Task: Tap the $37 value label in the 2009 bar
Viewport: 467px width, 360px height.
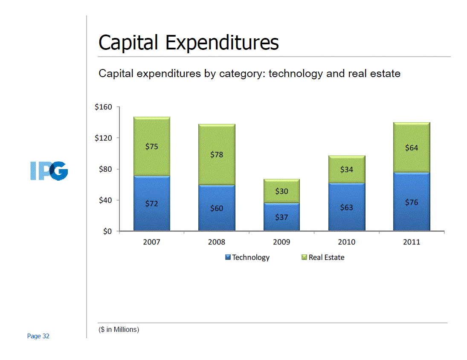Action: pyautogui.click(x=281, y=217)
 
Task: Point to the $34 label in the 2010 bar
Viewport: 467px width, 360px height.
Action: pyautogui.click(x=346, y=170)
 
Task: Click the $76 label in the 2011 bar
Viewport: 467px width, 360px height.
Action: pyautogui.click(x=412, y=202)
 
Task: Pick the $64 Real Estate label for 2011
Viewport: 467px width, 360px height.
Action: pyautogui.click(x=412, y=148)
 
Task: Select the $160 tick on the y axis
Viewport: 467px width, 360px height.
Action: pyautogui.click(x=103, y=107)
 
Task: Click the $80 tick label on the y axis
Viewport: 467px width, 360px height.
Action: pyautogui.click(x=105, y=169)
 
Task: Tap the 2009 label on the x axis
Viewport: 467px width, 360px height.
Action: pyautogui.click(x=281, y=242)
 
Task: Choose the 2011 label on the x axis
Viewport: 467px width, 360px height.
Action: pyautogui.click(x=412, y=242)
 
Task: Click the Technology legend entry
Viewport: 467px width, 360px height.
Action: pyautogui.click(x=250, y=257)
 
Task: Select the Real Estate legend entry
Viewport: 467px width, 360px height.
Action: pyautogui.click(x=326, y=257)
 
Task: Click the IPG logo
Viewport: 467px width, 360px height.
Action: pyautogui.click(x=49, y=170)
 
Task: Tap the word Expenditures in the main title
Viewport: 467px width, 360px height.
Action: pyautogui.click(x=222, y=43)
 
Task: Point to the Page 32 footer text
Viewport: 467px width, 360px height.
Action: pyautogui.click(x=38, y=336)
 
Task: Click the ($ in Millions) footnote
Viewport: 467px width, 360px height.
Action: pyautogui.click(x=119, y=329)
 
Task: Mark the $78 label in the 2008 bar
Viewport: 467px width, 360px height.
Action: pyautogui.click(x=217, y=155)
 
